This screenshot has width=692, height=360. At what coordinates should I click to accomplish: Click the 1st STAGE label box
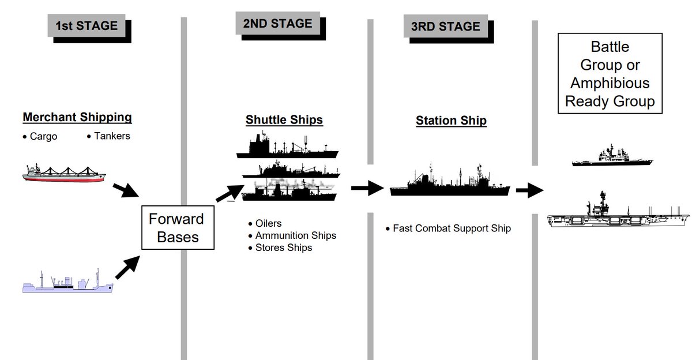(86, 26)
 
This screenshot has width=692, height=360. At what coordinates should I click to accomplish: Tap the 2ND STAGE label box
(277, 24)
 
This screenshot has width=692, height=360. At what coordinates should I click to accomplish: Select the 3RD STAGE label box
(446, 27)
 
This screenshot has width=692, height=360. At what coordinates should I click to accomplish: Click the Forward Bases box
(176, 228)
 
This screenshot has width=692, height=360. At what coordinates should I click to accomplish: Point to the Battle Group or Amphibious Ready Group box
(610, 74)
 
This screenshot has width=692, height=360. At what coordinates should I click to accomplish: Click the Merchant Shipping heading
(77, 118)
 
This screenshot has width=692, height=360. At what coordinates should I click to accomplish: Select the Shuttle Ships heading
(284, 120)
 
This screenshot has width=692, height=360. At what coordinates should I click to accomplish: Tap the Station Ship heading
(451, 121)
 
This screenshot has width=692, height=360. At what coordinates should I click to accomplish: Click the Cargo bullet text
(43, 137)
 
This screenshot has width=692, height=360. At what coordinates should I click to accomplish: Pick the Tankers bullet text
(111, 136)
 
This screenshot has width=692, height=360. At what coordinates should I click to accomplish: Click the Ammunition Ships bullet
(295, 235)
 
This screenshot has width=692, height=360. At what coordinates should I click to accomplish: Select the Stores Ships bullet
(283, 247)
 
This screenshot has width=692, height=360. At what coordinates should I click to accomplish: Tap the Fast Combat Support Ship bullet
(452, 228)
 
